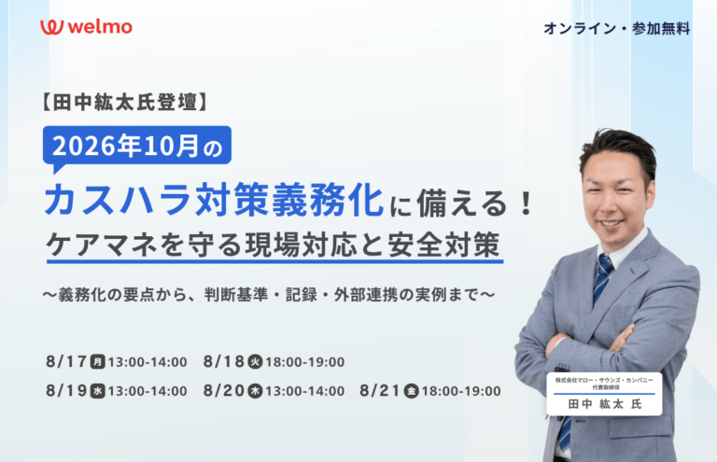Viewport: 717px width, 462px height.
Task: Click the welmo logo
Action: [86, 27]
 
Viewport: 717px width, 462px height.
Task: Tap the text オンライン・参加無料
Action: [617, 28]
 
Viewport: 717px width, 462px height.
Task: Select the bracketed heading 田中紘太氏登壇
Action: [125, 102]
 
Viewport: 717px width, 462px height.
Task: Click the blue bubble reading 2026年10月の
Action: [137, 147]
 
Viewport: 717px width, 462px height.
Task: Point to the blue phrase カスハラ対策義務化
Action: [214, 200]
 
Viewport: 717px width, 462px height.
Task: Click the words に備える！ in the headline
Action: [461, 203]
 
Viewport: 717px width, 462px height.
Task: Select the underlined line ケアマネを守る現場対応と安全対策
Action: [274, 245]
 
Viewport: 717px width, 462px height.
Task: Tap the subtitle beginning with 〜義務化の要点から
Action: [269, 294]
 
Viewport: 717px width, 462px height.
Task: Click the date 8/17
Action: [66, 361]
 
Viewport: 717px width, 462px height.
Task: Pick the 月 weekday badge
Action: [97, 362]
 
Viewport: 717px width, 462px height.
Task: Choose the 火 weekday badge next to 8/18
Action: [255, 362]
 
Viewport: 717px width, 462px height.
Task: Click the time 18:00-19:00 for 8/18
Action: [305, 362]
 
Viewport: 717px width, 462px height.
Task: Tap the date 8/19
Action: [66, 391]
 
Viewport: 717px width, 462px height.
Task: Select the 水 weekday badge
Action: [97, 391]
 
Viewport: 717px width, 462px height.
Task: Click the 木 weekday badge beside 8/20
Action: [255, 391]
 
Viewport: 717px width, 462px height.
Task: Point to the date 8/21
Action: [380, 391]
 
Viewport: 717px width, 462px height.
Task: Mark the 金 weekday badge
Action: [411, 391]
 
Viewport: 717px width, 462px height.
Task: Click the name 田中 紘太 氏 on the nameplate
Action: [605, 404]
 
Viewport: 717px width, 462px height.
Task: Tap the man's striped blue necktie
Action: [603, 279]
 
